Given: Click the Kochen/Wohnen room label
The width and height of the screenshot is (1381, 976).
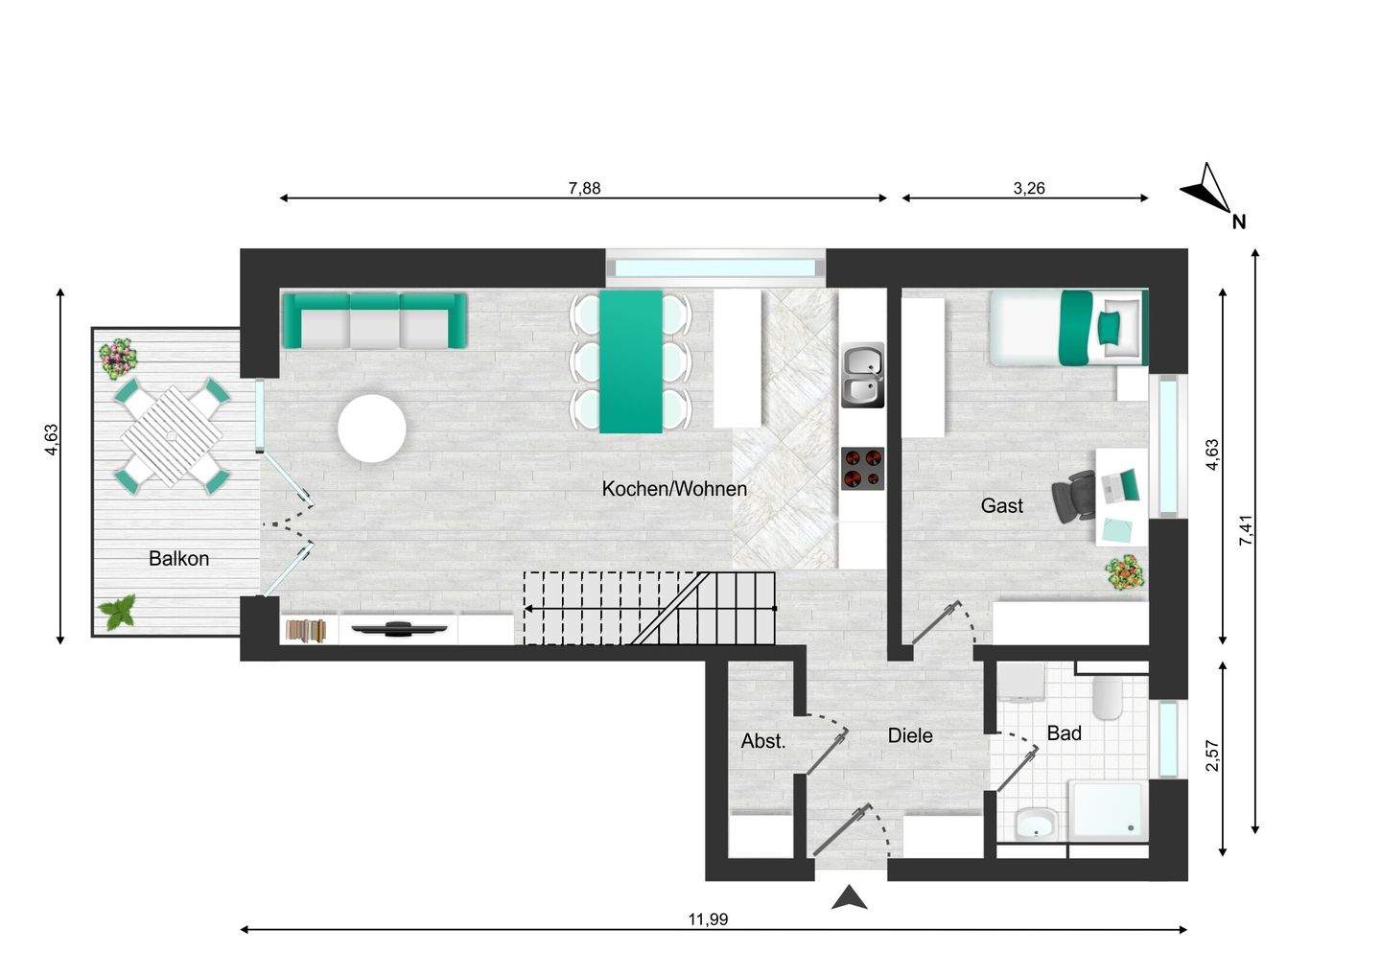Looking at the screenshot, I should (x=674, y=489).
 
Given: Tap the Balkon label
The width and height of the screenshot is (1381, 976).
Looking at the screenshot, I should (x=178, y=558).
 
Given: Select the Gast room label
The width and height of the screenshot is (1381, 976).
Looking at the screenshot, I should (x=1001, y=505).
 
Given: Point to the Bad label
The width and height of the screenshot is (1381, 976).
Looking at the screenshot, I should (x=1064, y=733).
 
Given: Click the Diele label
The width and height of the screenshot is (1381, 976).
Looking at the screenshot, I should (x=909, y=735).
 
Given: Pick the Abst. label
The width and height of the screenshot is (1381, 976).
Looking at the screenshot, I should (x=763, y=741).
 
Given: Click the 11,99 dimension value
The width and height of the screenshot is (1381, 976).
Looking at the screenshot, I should (x=708, y=919).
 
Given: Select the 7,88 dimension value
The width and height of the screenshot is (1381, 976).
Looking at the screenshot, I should (x=584, y=188).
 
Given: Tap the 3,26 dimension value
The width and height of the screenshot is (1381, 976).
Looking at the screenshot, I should (x=1028, y=188).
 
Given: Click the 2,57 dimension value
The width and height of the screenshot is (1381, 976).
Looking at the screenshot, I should (x=1212, y=755).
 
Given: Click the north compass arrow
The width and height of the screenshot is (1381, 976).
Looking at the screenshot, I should (x=1207, y=189).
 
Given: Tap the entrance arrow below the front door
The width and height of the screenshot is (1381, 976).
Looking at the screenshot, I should (x=849, y=898).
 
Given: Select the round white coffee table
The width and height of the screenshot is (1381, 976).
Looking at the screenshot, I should (x=372, y=429).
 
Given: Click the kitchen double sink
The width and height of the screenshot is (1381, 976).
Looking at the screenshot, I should (x=862, y=376).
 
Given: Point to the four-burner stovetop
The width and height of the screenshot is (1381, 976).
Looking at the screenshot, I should (x=862, y=469).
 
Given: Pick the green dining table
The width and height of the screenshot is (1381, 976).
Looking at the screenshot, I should (x=631, y=360).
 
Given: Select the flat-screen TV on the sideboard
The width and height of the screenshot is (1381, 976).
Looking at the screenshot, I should (x=397, y=628).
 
